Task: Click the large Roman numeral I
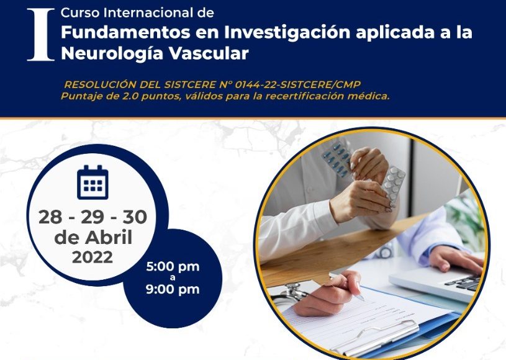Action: [x=40, y=35]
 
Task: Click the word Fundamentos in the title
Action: [x=125, y=32]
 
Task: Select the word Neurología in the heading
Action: [x=112, y=54]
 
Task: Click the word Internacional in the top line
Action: [x=148, y=13]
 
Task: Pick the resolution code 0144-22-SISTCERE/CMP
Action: [x=298, y=84]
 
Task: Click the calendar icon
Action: [x=93, y=182]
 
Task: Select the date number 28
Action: [x=50, y=217]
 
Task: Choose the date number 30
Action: [x=135, y=217]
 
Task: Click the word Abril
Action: [x=109, y=238]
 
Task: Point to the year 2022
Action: [x=93, y=257]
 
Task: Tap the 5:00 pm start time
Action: [x=173, y=267]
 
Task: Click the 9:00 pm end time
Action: [x=173, y=289]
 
